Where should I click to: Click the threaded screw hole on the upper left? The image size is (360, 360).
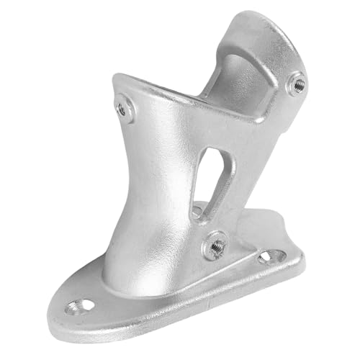coord(125,109)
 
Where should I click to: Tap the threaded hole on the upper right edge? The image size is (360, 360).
coord(297,84)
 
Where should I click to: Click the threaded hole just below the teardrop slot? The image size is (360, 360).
coord(214,246)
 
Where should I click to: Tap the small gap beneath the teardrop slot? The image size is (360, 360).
coord(197,212)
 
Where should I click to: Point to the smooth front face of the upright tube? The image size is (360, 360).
coord(148,187)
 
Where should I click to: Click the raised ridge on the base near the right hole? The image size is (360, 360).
coord(245,263)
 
